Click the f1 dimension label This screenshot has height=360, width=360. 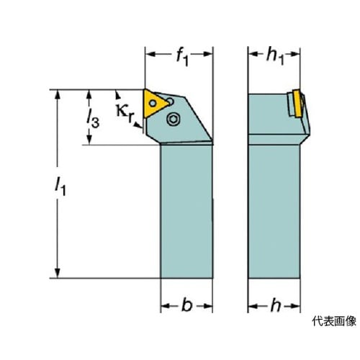(x=182, y=58)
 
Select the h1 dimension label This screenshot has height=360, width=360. (x=275, y=58)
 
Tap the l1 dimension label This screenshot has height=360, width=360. (x=60, y=187)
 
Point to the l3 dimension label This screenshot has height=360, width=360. (x=92, y=118)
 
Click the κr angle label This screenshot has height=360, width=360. (x=125, y=114)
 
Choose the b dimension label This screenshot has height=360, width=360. (x=187, y=305)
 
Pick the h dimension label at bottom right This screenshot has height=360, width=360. (x=276, y=305)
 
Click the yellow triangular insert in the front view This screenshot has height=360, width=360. (x=155, y=104)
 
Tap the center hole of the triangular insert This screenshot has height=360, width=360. (x=153, y=104)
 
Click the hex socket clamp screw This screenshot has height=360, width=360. (x=173, y=119)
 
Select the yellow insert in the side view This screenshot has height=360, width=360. (x=297, y=103)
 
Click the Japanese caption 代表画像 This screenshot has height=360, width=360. (x=334, y=321)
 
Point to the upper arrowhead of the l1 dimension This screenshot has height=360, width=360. (x=57, y=94)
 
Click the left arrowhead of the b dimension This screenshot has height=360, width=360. (x=166, y=306)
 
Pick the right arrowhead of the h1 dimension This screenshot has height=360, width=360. (x=295, y=54)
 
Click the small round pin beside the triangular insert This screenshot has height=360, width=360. (x=170, y=102)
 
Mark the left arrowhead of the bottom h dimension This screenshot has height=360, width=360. (x=253, y=306)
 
